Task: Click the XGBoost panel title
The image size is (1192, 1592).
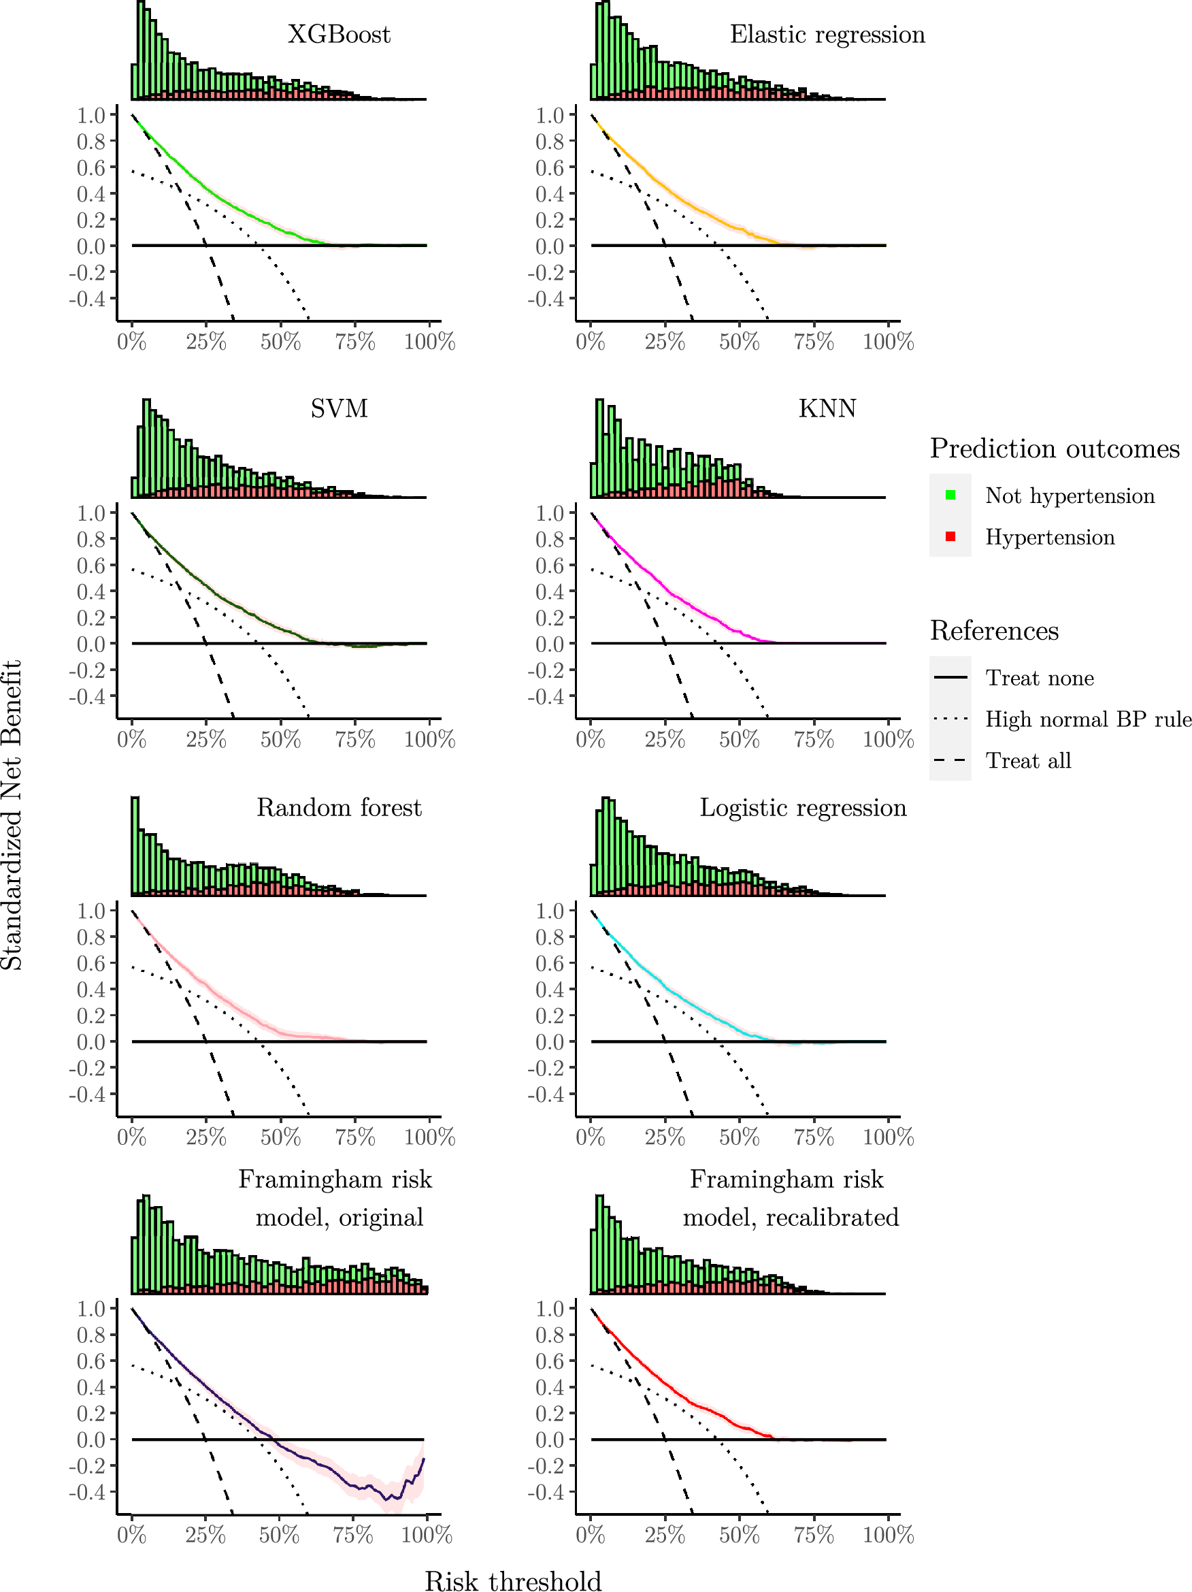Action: point(339,35)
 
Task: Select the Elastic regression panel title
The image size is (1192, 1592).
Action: point(827,35)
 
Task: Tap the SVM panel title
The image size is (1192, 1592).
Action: point(339,409)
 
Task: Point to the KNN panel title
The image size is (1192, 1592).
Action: point(827,409)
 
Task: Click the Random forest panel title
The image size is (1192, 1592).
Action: point(339,807)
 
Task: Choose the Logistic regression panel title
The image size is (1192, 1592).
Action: point(803,807)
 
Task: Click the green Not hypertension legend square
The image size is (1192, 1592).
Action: point(950,496)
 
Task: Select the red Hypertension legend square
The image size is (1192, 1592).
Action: point(950,537)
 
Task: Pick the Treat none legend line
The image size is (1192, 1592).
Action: point(950,677)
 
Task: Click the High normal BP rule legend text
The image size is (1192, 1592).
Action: point(1088,719)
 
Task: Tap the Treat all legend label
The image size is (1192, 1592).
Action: point(1028,761)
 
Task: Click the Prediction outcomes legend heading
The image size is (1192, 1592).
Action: point(1055,449)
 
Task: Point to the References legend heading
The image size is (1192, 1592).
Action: point(994,630)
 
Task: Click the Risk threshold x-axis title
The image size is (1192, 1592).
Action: point(513,1580)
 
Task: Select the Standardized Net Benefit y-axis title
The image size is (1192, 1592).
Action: point(12,815)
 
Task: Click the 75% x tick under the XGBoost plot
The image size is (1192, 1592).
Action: point(354,342)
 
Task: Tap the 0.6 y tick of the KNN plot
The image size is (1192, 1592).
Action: point(550,566)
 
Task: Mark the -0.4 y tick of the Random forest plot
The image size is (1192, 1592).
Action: point(87,1094)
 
